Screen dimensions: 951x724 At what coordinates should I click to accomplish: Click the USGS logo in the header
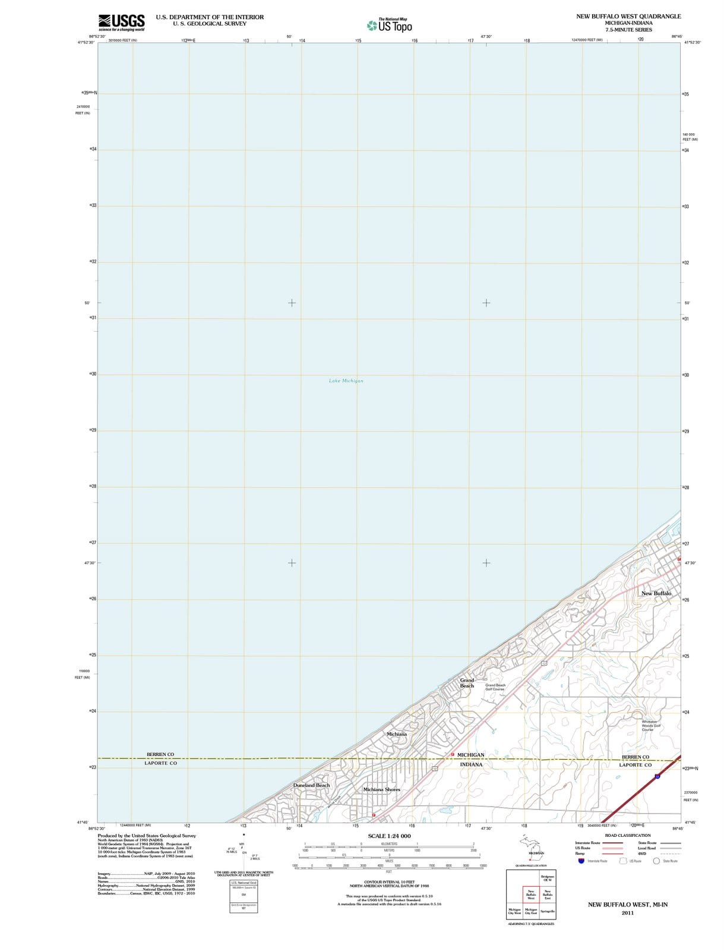[x=121, y=22]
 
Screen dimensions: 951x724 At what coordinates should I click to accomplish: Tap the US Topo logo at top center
[x=390, y=26]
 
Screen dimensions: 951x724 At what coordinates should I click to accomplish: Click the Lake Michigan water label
[x=346, y=380]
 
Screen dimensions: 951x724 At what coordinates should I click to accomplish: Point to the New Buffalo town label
[x=656, y=593]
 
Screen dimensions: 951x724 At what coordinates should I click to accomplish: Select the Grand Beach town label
[x=467, y=683]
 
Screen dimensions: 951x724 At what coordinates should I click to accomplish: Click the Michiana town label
[x=397, y=734]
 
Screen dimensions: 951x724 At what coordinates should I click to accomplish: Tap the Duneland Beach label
[x=311, y=785]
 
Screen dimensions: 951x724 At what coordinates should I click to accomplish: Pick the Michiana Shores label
[x=382, y=789]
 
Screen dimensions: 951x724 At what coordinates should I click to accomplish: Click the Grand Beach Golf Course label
[x=495, y=687]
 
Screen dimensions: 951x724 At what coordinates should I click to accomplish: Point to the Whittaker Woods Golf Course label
[x=651, y=726]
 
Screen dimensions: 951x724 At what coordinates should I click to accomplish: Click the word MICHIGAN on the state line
[x=471, y=755]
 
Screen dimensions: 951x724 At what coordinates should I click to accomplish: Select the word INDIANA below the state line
[x=471, y=764]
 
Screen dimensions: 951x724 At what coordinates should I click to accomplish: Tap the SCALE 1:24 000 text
[x=389, y=836]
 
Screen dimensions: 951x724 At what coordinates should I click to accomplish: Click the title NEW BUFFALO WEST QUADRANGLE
[x=628, y=16]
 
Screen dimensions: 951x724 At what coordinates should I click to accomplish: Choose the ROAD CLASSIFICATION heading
[x=628, y=835]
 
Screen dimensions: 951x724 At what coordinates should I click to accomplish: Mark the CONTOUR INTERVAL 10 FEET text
[x=389, y=882]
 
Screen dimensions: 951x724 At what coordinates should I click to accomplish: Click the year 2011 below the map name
[x=628, y=913]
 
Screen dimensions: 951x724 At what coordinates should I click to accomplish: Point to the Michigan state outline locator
[x=530, y=847]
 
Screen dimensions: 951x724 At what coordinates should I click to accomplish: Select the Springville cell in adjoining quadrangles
[x=548, y=911]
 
